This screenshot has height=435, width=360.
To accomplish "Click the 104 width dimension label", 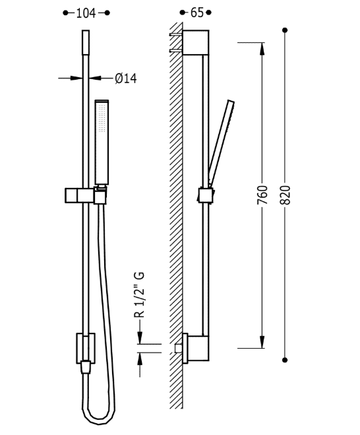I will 86,13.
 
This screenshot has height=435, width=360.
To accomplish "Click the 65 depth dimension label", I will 196,13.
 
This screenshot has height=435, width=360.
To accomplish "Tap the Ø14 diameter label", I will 125,78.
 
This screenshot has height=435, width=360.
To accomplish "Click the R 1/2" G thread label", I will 140,294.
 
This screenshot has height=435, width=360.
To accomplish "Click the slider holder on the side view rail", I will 205,196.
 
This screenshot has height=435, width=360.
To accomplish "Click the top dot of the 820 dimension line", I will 285,30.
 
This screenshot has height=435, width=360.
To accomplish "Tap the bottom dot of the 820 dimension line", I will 285,359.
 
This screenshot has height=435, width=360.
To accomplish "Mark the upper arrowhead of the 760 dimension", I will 262,47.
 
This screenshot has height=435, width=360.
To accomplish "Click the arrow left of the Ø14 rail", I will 73,78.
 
